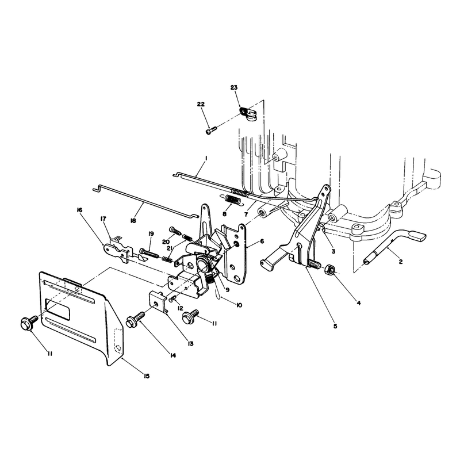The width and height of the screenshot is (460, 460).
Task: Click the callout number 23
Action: pyautogui.click(x=234, y=87)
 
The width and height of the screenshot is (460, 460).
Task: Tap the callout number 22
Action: pyautogui.click(x=201, y=104)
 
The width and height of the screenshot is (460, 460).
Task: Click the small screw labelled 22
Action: pyautogui.click(x=211, y=129)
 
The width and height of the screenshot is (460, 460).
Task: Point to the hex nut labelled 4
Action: pyautogui.click(x=329, y=269)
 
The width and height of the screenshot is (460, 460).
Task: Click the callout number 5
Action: pyautogui.click(x=335, y=326)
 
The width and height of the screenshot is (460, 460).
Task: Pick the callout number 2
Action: pyautogui.click(x=400, y=262)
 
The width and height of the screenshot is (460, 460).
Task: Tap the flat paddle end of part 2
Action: pyautogui.click(x=417, y=236)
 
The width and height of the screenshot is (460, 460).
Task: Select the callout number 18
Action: pyautogui.click(x=133, y=221)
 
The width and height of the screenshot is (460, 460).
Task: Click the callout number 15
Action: pyautogui.click(x=146, y=376)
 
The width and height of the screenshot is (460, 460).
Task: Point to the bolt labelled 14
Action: pyautogui.click(x=135, y=319)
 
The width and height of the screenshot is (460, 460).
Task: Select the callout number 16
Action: pyautogui.click(x=79, y=210)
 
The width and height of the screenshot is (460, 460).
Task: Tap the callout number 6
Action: pyautogui.click(x=262, y=241)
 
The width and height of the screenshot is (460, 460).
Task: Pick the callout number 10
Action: pyautogui.click(x=239, y=305)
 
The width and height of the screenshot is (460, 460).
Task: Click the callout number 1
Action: pyautogui.click(x=206, y=158)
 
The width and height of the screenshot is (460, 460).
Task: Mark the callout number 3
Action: pyautogui.click(x=333, y=251)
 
